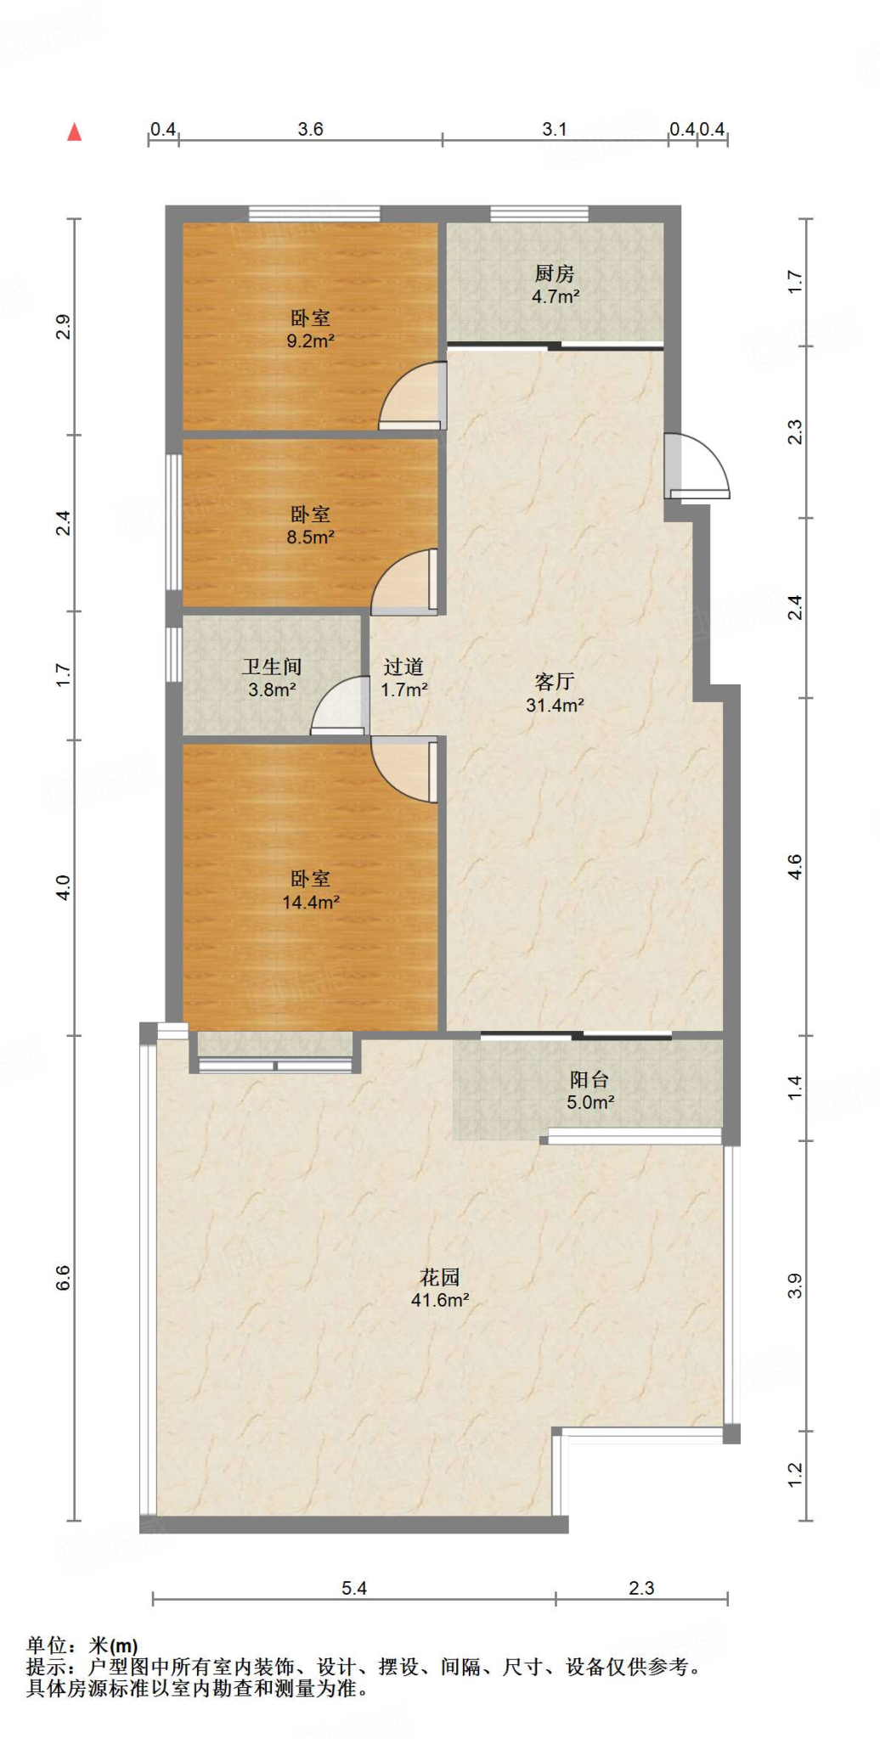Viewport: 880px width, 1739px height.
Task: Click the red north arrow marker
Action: pyautogui.click(x=75, y=132)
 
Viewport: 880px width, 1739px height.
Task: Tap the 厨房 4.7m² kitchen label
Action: pyautogui.click(x=556, y=284)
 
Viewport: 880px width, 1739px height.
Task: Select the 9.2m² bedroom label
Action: pyautogui.click(x=310, y=329)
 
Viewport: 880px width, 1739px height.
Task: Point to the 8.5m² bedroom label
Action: pyautogui.click(x=310, y=526)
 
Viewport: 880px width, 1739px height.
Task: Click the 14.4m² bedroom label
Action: pyautogui.click(x=310, y=891)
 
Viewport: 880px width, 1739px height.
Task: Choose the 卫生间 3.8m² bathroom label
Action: pyautogui.click(x=272, y=678)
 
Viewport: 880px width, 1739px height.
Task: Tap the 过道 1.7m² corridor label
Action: pyautogui.click(x=403, y=678)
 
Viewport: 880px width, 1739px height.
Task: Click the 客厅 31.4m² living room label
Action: pyautogui.click(x=555, y=693)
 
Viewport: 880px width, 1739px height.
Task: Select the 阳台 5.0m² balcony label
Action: pyautogui.click(x=590, y=1091)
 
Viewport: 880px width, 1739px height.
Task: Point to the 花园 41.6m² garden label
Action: pyautogui.click(x=440, y=1289)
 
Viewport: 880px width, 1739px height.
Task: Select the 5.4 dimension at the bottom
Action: pyautogui.click(x=354, y=1588)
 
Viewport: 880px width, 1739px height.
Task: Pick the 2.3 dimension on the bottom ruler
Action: pyautogui.click(x=641, y=1588)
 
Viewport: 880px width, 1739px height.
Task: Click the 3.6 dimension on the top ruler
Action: pyautogui.click(x=310, y=129)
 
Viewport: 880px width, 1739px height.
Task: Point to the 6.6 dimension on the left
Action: pyautogui.click(x=64, y=1277)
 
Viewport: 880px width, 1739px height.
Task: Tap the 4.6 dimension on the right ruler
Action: pyautogui.click(x=795, y=866)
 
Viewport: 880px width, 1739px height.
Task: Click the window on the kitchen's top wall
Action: pyautogui.click(x=539, y=213)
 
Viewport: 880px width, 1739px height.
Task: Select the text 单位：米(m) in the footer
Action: pyautogui.click(x=82, y=1646)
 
